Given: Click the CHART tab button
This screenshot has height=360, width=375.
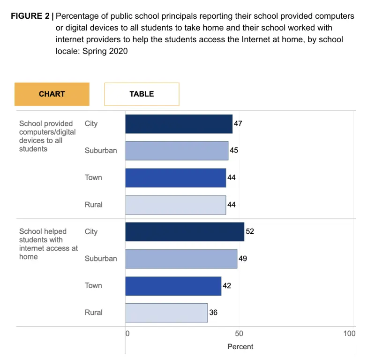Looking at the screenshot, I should [x=52, y=94].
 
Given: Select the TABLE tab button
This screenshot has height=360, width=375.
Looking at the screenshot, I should [x=142, y=94].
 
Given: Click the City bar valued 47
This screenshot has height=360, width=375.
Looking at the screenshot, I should [x=179, y=124].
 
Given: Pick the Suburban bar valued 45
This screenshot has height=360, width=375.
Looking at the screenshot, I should [x=176, y=151].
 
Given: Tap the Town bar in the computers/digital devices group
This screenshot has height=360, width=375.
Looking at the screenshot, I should [x=175, y=178].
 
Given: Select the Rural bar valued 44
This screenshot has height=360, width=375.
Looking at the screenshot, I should [x=175, y=205].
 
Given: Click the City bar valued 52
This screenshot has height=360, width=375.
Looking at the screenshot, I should [x=184, y=232].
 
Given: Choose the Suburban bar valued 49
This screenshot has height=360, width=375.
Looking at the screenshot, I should [x=181, y=259].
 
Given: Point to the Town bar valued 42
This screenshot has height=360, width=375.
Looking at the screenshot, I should [x=173, y=286].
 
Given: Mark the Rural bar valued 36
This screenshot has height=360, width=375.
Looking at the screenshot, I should [x=166, y=313].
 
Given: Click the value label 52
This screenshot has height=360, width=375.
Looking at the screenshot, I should [x=250, y=231].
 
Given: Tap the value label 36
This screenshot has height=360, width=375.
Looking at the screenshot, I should [x=213, y=312].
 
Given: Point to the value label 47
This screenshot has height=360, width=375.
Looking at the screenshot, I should [x=238, y=123].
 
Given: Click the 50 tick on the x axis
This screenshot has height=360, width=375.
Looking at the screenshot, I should [x=239, y=334].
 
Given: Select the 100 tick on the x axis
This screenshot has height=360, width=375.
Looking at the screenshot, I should [x=349, y=334].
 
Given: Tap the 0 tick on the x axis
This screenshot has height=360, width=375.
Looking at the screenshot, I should [x=127, y=334].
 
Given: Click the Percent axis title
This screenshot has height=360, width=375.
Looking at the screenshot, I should [x=240, y=347].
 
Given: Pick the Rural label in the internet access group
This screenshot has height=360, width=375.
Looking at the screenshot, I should [x=94, y=313].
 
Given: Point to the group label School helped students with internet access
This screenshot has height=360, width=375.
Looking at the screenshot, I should [x=48, y=244].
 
